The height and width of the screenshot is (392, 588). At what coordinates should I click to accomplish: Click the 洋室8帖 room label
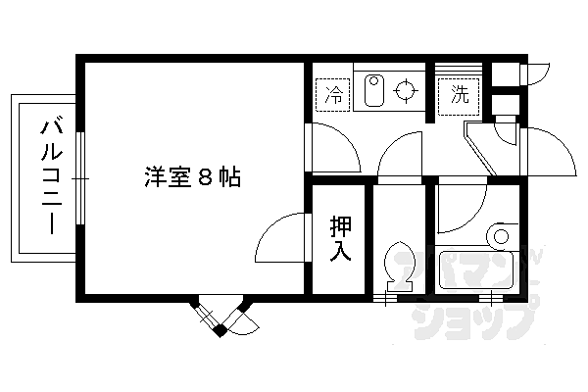[x=192, y=178]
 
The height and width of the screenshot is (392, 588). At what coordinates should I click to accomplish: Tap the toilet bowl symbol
[x=399, y=265]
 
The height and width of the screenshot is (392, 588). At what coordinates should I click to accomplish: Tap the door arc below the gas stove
[x=401, y=157]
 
